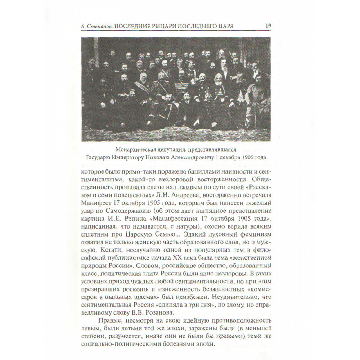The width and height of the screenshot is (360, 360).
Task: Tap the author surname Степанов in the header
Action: (100, 27)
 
